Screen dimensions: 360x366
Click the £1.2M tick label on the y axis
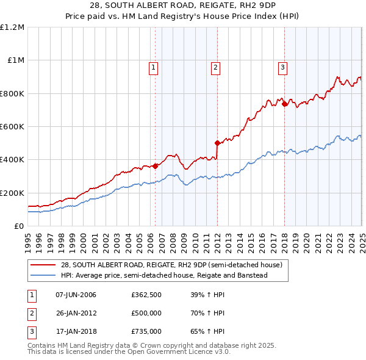pos(12,27)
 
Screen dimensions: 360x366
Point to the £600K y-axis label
pos(12,126)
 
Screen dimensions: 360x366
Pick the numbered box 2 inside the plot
pos(215,68)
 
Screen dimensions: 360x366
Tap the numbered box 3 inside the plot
pos(282,68)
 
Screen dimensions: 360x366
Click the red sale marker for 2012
pos(217,143)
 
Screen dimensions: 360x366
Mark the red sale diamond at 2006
pos(155,165)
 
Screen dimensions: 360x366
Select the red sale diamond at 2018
pos(284,104)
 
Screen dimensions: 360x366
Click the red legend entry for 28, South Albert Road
pos(171,265)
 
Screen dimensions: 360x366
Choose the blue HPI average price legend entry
pos(164,275)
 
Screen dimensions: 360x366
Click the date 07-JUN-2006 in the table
pos(76,295)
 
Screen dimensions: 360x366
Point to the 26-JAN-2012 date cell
pos(76,313)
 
